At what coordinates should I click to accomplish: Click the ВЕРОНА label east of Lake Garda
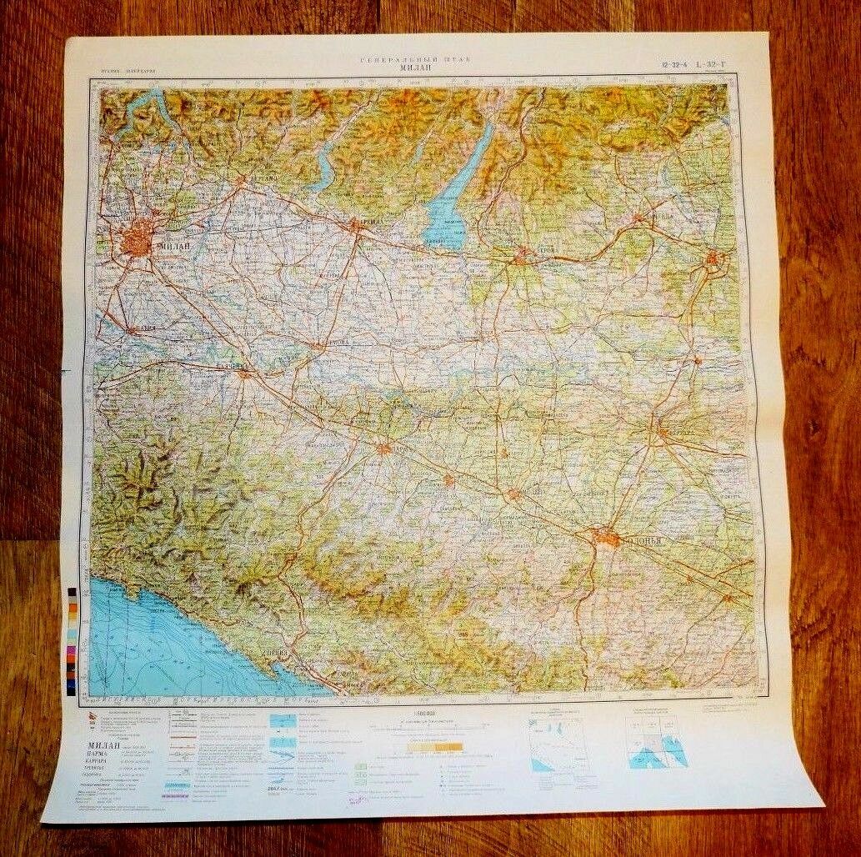542,249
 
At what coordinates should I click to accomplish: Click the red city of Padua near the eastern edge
713,261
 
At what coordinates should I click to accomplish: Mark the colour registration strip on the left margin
73,638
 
